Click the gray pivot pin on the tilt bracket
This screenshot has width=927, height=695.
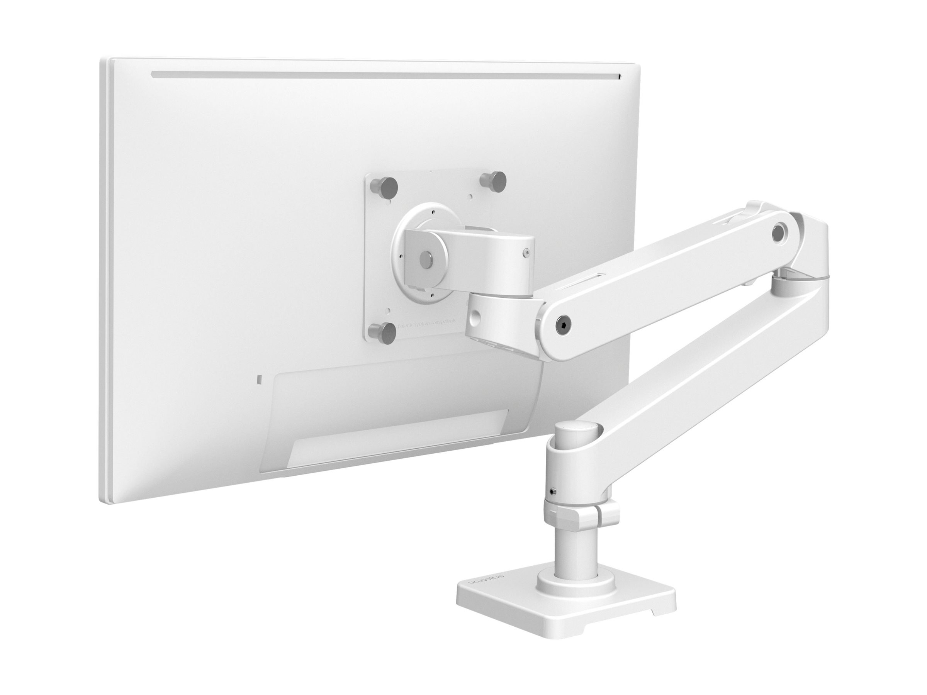[x=426, y=256]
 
